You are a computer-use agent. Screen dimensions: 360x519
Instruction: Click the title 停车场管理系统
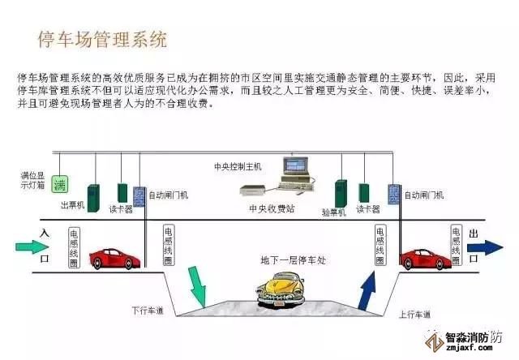click(102, 37)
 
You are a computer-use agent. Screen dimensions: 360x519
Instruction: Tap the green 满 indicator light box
click(59, 184)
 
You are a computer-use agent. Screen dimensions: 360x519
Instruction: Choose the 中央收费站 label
click(269, 207)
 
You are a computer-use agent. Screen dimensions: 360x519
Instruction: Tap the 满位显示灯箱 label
click(32, 179)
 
